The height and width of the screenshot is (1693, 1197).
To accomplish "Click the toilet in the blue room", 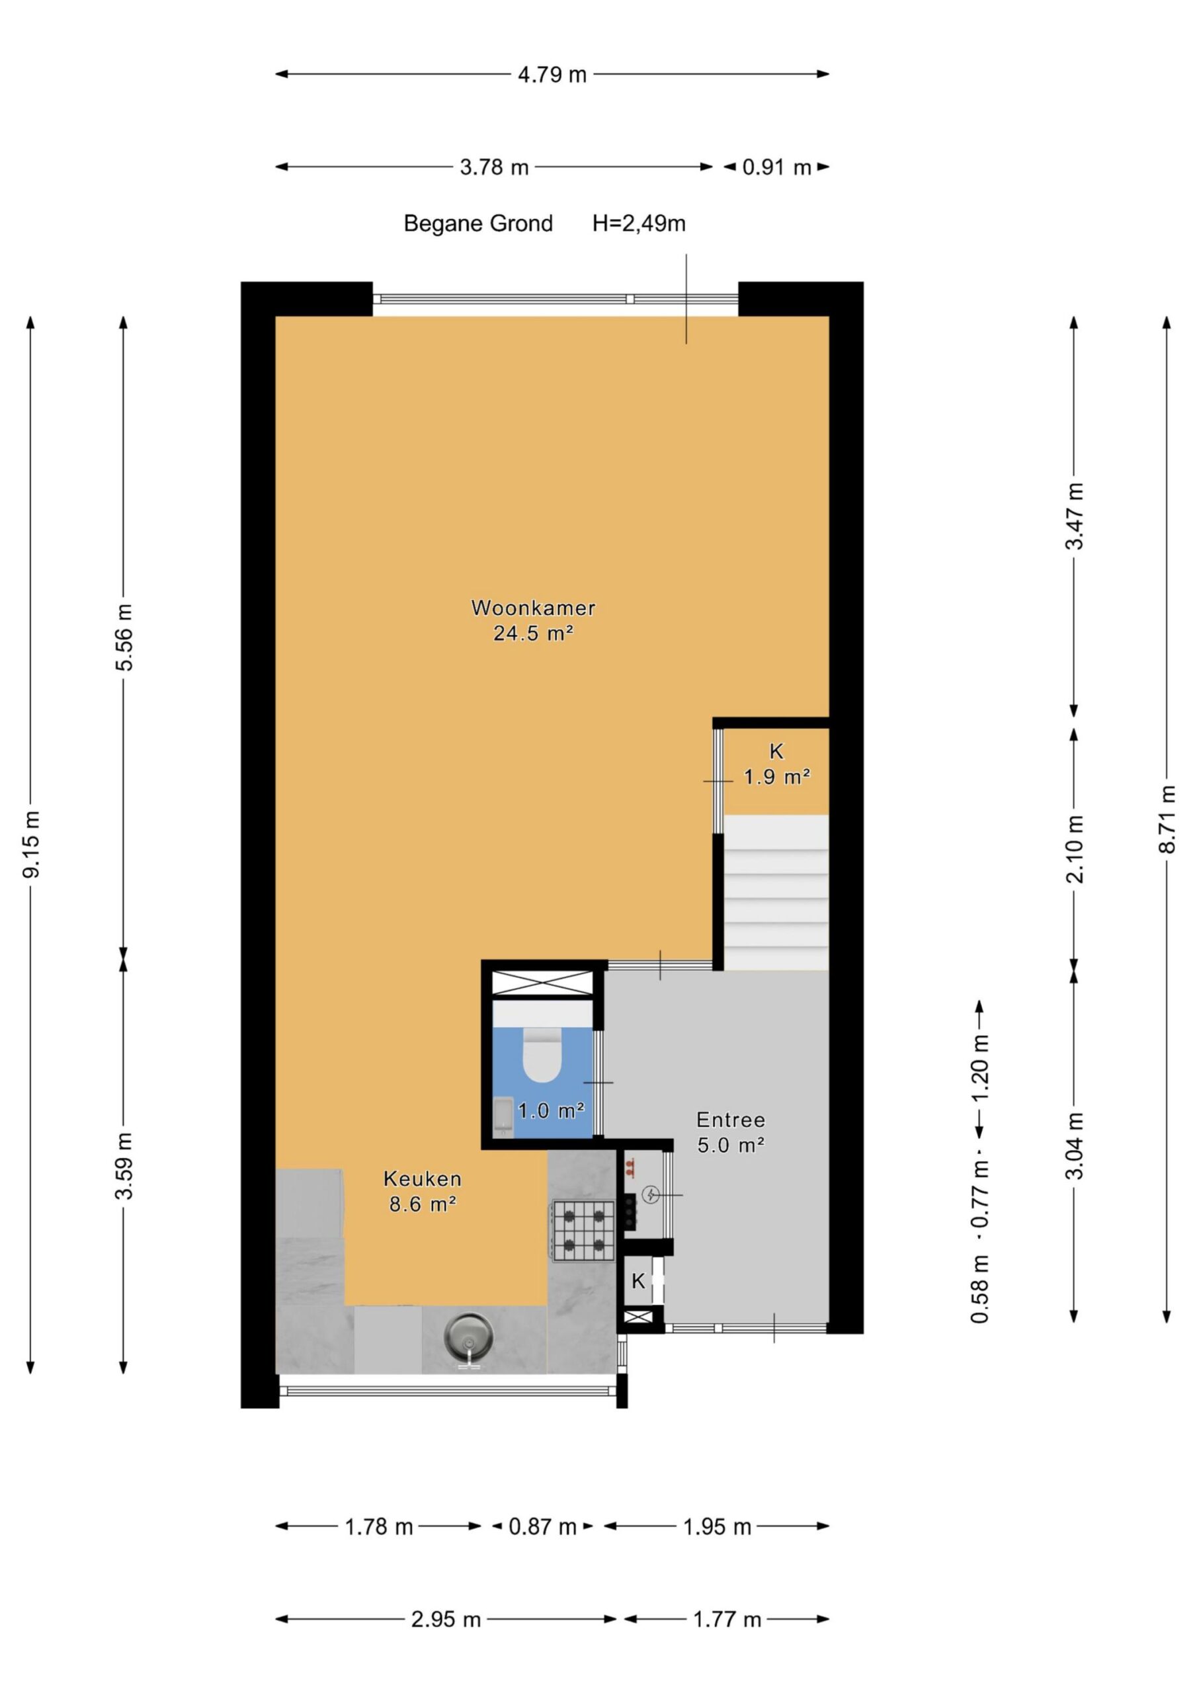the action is coord(542,1054).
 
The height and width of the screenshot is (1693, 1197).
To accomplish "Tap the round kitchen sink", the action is coord(468,1335).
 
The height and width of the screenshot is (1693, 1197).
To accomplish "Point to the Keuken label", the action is coord(423,1178).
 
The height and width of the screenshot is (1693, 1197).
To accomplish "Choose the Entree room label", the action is coord(731,1120).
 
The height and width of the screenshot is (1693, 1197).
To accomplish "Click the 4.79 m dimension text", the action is coord(552,75).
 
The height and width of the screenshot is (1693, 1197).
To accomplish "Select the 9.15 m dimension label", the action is coord(31,845).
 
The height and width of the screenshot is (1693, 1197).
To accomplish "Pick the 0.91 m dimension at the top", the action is coord(776,167).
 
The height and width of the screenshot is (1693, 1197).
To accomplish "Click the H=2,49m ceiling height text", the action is coord(639,223).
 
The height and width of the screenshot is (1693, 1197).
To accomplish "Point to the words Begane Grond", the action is coord(478,224).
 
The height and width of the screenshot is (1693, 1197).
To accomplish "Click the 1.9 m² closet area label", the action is coord(776,776).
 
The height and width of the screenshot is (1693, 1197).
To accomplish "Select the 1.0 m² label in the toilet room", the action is coord(551,1110).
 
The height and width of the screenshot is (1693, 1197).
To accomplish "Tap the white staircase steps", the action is coord(776,892).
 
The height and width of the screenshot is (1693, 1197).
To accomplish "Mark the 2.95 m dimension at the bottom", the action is coord(446,1620).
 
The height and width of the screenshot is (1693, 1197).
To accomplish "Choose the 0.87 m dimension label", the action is coord(542,1527).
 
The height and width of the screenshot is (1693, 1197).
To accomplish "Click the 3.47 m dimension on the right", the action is coord(1074,516).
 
